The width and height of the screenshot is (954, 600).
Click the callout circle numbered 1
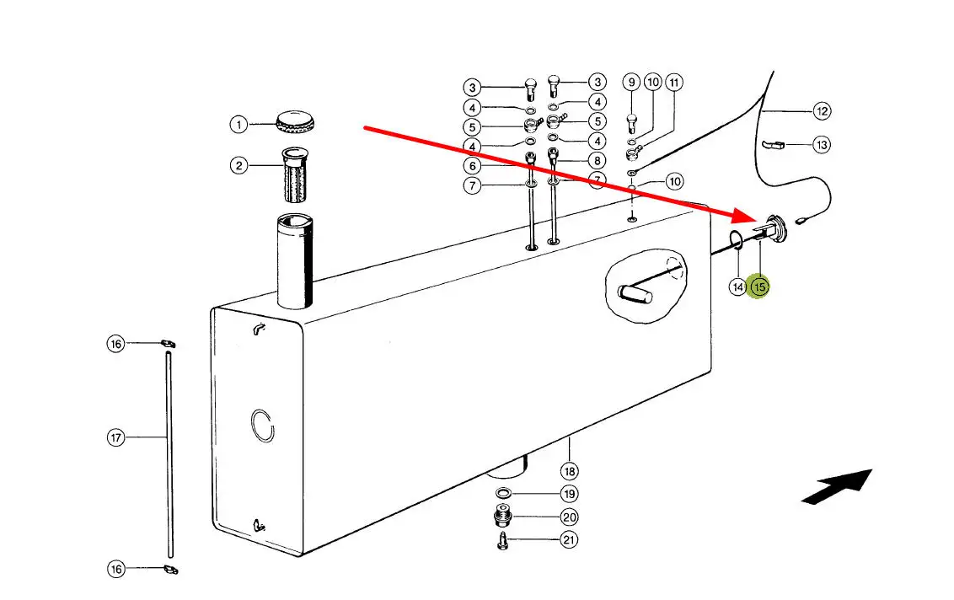[x=239, y=125]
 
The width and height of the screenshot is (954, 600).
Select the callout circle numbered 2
[x=239, y=165]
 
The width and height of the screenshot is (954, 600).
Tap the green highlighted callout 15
[x=760, y=287]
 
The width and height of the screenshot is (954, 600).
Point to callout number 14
[x=737, y=287]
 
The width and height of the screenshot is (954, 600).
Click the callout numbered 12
[x=822, y=110]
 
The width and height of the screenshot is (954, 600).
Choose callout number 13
[x=822, y=145]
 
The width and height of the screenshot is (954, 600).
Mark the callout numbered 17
[x=115, y=437]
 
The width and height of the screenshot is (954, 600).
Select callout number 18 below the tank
[x=571, y=471]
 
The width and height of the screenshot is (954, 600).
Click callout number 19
[x=570, y=494]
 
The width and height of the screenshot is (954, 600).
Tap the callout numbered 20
[x=570, y=517]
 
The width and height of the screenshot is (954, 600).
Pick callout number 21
[x=570, y=540]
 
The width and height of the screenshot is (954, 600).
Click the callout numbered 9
[x=631, y=83]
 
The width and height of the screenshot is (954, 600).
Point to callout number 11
[x=674, y=83]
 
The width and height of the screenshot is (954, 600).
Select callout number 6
[x=472, y=165]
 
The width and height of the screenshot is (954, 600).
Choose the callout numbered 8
[x=598, y=160]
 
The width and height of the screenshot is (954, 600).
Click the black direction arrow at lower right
[x=835, y=486]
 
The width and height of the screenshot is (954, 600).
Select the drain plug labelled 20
[x=501, y=516]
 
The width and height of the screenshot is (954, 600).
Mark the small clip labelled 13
[x=772, y=146]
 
